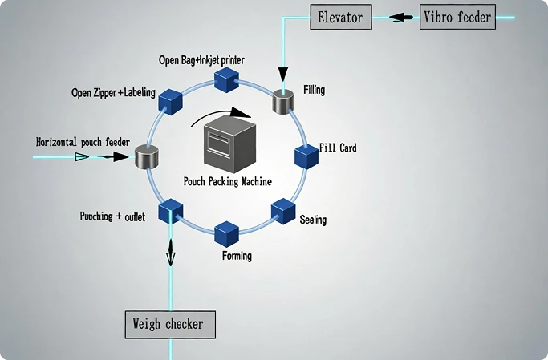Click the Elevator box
pyautogui.click(x=340, y=16)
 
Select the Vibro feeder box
pyautogui.click(x=457, y=16)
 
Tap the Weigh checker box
pyautogui.click(x=170, y=324)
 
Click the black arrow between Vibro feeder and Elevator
pyautogui.click(x=397, y=17)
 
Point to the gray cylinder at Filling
pyautogui.click(x=283, y=100)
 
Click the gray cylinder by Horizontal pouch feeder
pyautogui.click(x=146, y=156)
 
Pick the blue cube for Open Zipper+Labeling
pyautogui.click(x=171, y=100)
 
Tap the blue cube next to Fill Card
pyautogui.click(x=306, y=156)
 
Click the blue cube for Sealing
pyautogui.click(x=283, y=211)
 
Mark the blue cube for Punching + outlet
pyautogui.click(x=170, y=211)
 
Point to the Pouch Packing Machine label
pyautogui.click(x=228, y=181)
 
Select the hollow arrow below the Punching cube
pyautogui.click(x=170, y=256)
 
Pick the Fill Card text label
pyautogui.click(x=338, y=148)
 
